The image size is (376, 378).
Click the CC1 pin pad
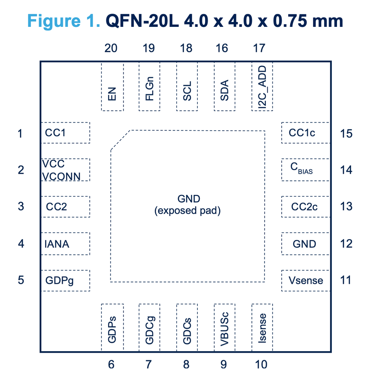pos(65,133)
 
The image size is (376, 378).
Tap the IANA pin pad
pos(65,244)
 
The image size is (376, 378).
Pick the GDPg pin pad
pos(65,280)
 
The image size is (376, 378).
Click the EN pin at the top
pos(112,87)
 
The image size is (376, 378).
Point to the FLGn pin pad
pos(149,87)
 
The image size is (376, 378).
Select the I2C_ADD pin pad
pos(262,87)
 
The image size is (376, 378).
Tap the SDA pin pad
pos(225,87)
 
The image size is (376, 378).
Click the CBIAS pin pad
pos(305,170)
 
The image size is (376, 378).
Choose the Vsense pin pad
pos(305,280)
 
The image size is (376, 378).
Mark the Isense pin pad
pos(262,327)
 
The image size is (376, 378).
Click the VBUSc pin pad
pos(225,327)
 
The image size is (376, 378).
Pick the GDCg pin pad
pos(149,327)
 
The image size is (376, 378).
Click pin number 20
pos(111,48)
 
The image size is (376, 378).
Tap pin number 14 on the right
pos(346,170)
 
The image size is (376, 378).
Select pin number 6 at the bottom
pos(111,364)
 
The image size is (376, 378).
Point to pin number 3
pos(21,207)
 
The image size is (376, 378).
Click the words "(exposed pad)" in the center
pos(187,211)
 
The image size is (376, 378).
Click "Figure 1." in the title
pos(64,22)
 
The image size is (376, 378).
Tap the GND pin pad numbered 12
pos(305,244)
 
